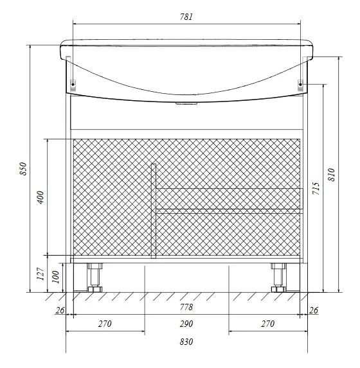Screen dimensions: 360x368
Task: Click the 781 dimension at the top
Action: pyautogui.click(x=186, y=17)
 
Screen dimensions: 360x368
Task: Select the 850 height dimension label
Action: pyautogui.click(x=24, y=168)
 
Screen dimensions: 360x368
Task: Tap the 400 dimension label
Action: pyautogui.click(x=40, y=197)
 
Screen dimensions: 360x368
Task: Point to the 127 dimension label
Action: pyautogui.click(x=40, y=274)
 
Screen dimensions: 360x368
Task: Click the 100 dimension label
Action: pyautogui.click(x=55, y=277)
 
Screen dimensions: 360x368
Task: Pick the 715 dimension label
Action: pyautogui.click(x=316, y=188)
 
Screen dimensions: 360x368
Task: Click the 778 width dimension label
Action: pyautogui.click(x=186, y=307)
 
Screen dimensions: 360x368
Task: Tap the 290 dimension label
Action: pyautogui.click(x=186, y=324)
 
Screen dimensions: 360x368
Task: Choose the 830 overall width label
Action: pyautogui.click(x=186, y=342)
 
